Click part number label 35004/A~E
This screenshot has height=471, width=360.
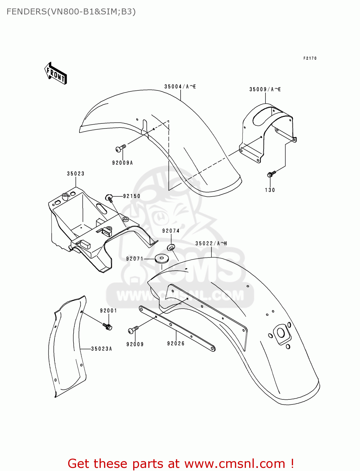point(180,87)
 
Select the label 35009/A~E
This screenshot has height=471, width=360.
point(265,89)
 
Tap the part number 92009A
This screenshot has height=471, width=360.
point(123,163)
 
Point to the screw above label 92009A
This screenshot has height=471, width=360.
point(121,148)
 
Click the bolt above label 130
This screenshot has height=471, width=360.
point(271,174)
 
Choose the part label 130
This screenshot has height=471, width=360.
point(270,190)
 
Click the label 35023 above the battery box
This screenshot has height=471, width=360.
point(76,174)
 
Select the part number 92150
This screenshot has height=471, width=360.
point(132,196)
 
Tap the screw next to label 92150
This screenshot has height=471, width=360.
point(109,198)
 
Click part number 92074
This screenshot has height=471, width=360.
point(171,231)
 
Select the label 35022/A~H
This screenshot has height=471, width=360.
point(211,243)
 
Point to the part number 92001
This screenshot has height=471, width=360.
point(108,311)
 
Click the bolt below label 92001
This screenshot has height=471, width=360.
point(107,327)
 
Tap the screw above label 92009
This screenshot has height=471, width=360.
point(133,330)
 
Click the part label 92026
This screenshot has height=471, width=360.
point(176,344)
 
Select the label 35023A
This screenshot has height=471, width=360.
point(101,349)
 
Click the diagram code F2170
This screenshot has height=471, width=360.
point(310,58)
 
